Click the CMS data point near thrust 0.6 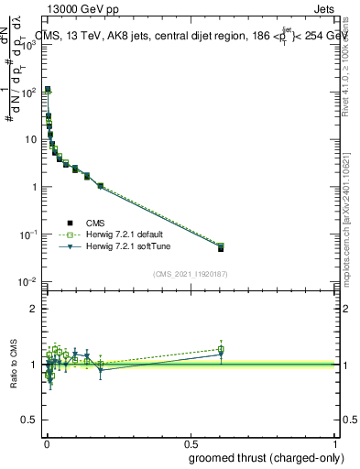point(221,248)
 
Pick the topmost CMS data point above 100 point(48,90)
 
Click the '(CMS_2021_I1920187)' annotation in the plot point(191,273)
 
